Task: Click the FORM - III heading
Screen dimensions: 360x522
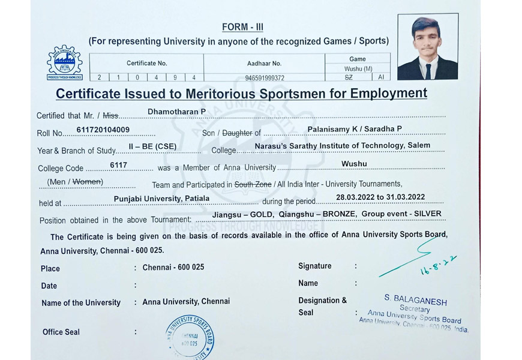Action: [242, 27]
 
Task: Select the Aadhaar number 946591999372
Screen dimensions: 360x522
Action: [264, 77]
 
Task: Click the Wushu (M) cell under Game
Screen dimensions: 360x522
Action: [358, 69]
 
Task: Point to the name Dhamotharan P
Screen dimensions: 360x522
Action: [176, 112]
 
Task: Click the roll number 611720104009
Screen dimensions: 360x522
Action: [103, 129]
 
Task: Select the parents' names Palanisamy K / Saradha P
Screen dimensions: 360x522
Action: [355, 129]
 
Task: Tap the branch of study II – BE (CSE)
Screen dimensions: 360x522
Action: [152, 146]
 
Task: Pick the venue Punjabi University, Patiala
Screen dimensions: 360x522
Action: [161, 198]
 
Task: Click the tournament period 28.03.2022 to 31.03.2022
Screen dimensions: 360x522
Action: [380, 197]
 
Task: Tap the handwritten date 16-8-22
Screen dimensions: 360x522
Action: [438, 265]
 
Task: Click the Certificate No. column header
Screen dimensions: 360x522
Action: [146, 63]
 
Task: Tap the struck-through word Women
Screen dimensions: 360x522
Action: [87, 181]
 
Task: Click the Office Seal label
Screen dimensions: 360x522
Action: [61, 332]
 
